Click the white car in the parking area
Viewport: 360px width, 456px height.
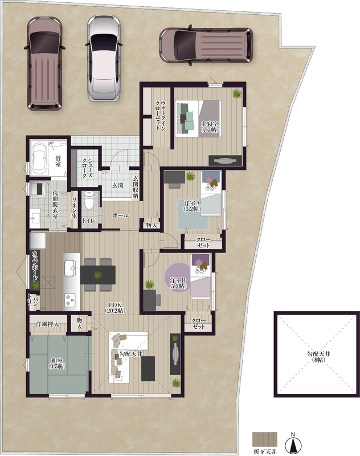(104, 58)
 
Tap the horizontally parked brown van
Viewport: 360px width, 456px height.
(206, 45)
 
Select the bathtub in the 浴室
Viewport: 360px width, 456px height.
(39, 158)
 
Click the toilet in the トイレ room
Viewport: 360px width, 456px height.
(89, 201)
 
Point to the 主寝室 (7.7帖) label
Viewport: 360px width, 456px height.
(210, 127)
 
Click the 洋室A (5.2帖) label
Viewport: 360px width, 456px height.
(192, 205)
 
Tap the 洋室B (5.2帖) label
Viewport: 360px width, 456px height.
(178, 283)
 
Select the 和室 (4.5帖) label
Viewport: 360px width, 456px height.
(57, 363)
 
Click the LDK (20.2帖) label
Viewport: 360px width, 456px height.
(115, 307)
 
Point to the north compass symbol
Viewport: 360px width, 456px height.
(293, 443)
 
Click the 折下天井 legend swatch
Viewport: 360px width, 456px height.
(265, 441)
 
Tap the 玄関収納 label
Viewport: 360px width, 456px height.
(136, 187)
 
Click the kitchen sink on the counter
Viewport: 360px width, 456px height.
(70, 268)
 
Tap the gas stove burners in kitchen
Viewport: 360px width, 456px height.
(70, 300)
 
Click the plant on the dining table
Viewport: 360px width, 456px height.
(98, 275)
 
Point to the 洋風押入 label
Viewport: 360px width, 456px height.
(47, 324)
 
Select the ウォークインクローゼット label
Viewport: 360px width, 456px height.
(161, 116)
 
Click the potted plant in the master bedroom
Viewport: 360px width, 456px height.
(237, 93)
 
